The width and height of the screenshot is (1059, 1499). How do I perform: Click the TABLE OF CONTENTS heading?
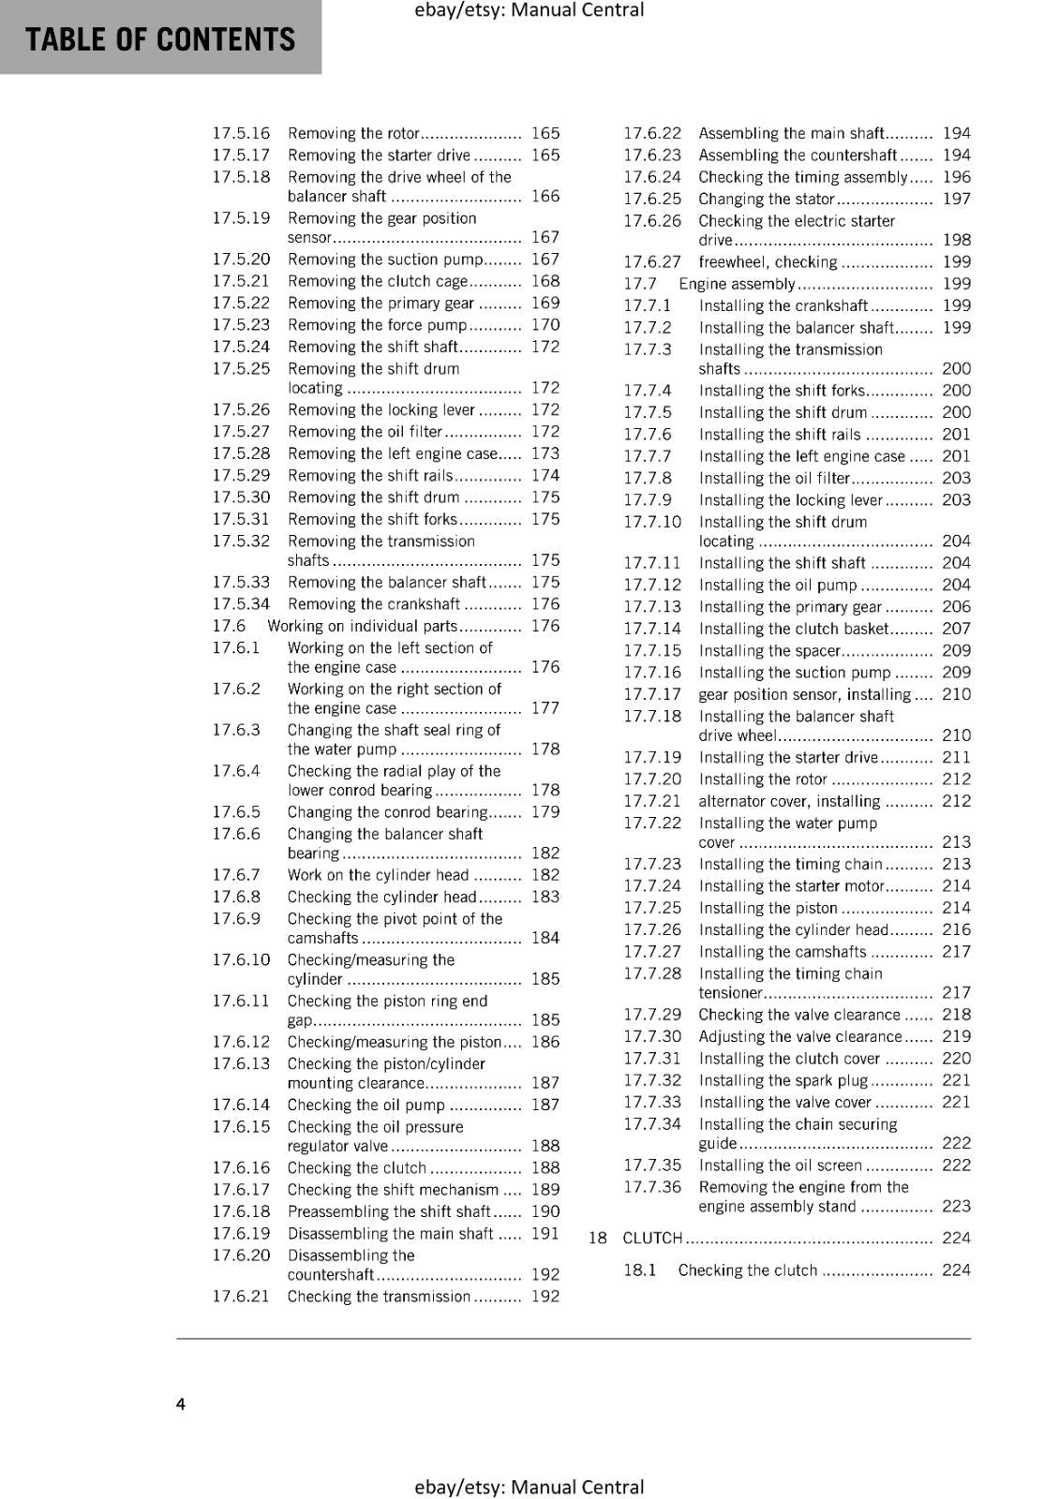click(x=160, y=39)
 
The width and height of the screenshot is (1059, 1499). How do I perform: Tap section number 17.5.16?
click(x=241, y=133)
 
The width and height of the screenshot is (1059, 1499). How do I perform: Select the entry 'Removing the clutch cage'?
click(x=377, y=281)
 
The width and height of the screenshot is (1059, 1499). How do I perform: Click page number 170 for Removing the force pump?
click(x=545, y=325)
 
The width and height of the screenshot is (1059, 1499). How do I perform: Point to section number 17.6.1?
click(x=235, y=647)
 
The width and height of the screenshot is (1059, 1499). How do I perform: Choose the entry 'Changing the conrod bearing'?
click(x=387, y=812)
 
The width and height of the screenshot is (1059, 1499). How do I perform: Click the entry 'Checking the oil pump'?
click(x=365, y=1105)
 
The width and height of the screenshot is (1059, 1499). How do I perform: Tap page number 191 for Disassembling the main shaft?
click(x=545, y=1234)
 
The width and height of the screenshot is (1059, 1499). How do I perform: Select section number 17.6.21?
click(x=241, y=1297)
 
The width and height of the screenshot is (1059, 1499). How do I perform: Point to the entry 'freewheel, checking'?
click(x=768, y=262)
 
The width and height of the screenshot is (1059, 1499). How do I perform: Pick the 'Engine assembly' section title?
click(x=737, y=284)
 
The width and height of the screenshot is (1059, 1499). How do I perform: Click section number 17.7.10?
click(x=652, y=522)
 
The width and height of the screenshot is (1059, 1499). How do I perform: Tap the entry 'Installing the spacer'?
click(x=769, y=650)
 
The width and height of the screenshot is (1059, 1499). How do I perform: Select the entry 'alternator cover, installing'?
click(x=789, y=801)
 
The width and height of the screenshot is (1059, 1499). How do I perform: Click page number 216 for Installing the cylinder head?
click(x=957, y=929)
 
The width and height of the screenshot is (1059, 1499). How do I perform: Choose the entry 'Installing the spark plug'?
click(x=783, y=1080)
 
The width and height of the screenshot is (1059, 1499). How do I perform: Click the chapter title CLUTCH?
click(x=652, y=1238)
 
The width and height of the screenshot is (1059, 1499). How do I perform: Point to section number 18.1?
click(x=640, y=1270)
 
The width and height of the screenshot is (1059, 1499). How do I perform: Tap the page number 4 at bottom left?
click(x=181, y=1403)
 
